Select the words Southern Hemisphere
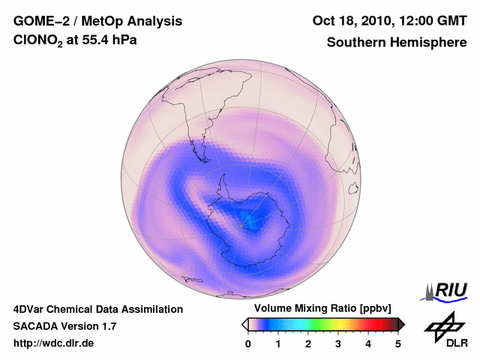pos(396,43)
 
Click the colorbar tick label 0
pos(248,343)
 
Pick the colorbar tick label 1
pos(278,343)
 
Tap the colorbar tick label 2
pos(308,343)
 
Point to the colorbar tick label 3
pos(338,343)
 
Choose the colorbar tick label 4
pos(368,343)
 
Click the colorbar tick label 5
pos(398,343)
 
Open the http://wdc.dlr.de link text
pos(54,343)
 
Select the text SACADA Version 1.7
pos(64,326)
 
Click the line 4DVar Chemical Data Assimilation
pos(97,309)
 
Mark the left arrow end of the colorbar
pos(244,324)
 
